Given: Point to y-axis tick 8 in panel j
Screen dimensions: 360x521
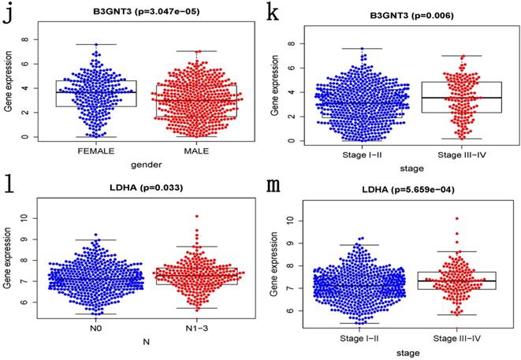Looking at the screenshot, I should pyautogui.click(x=26, y=38).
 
